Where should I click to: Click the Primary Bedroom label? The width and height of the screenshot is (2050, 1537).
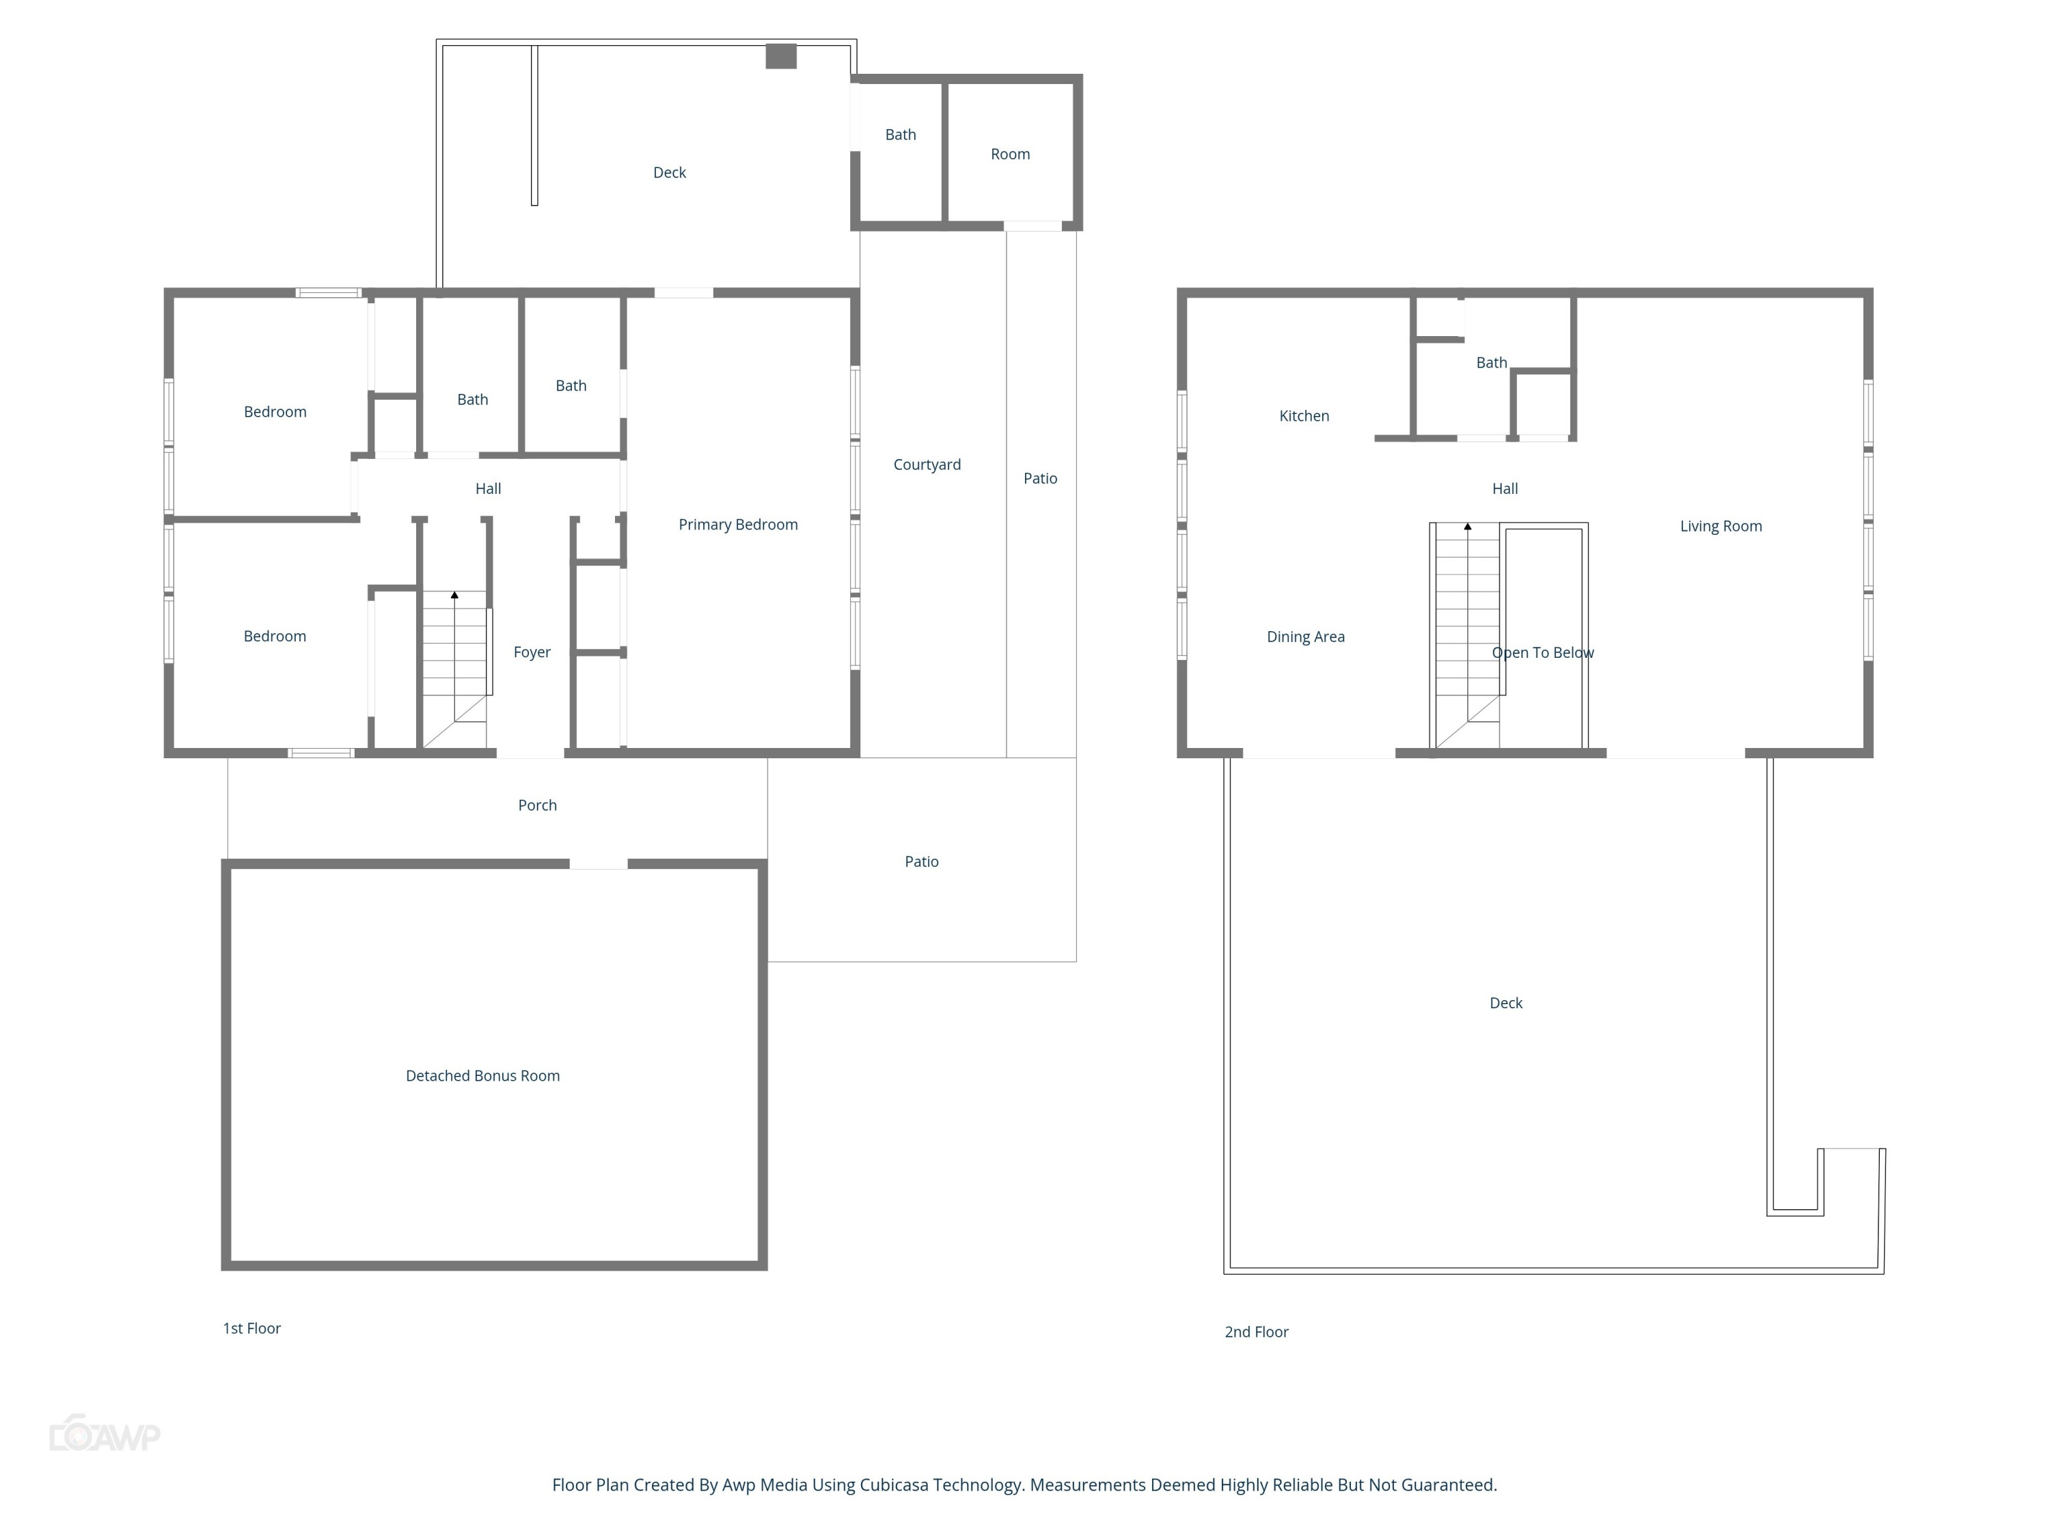[738, 525]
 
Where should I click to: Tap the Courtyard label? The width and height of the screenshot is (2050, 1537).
[927, 464]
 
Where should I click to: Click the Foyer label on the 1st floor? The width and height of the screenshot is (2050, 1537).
[532, 652]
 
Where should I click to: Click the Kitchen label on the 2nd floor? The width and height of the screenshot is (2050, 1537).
[1304, 416]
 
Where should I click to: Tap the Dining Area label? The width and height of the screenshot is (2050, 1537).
[1305, 637]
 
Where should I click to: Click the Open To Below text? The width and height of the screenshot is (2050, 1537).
[1542, 652]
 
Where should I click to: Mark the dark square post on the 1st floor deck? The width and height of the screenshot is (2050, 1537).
[780, 57]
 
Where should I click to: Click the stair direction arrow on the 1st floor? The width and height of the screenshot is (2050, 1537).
[454, 595]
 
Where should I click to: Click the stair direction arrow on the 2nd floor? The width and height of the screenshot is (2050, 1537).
[1467, 526]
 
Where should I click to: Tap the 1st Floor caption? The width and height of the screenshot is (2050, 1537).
[251, 1329]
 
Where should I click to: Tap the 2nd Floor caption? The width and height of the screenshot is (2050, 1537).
[1256, 1332]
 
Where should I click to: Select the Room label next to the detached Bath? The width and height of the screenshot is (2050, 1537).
[1010, 154]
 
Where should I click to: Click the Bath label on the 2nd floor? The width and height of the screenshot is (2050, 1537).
[1491, 362]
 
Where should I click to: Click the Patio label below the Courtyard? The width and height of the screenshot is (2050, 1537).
[921, 861]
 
